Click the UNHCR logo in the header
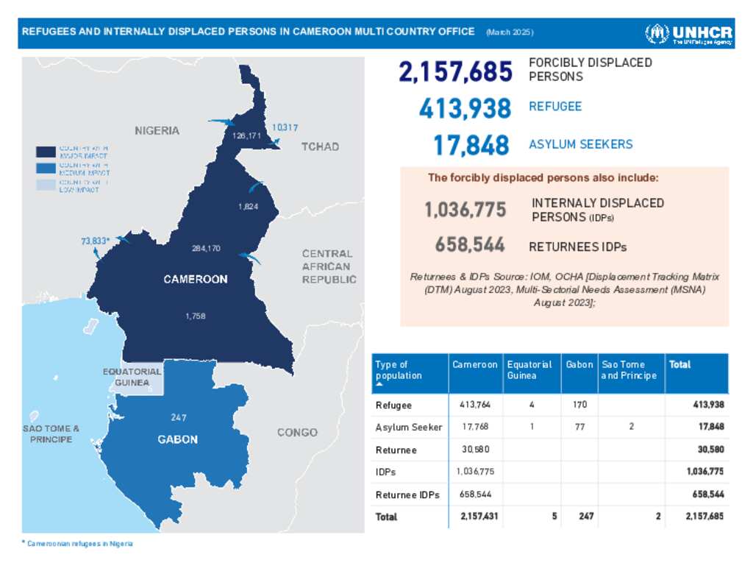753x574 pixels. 688,34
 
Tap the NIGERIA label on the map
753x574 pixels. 157,130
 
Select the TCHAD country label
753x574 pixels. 320,146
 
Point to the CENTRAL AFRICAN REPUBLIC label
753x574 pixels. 328,266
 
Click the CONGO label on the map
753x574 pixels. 297,432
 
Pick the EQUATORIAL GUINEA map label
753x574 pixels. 132,377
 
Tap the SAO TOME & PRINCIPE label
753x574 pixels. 51,433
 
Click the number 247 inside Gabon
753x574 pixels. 178,417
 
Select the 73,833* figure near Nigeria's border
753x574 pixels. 95,241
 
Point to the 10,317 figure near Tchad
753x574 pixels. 285,127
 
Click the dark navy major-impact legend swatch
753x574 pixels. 46,152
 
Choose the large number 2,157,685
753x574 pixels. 455,72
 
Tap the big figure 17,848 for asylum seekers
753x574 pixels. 471,145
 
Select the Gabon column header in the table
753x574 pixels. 579,364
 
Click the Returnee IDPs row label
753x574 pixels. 407,495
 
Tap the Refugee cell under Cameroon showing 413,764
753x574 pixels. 475,405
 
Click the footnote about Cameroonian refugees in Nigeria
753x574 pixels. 79,543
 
